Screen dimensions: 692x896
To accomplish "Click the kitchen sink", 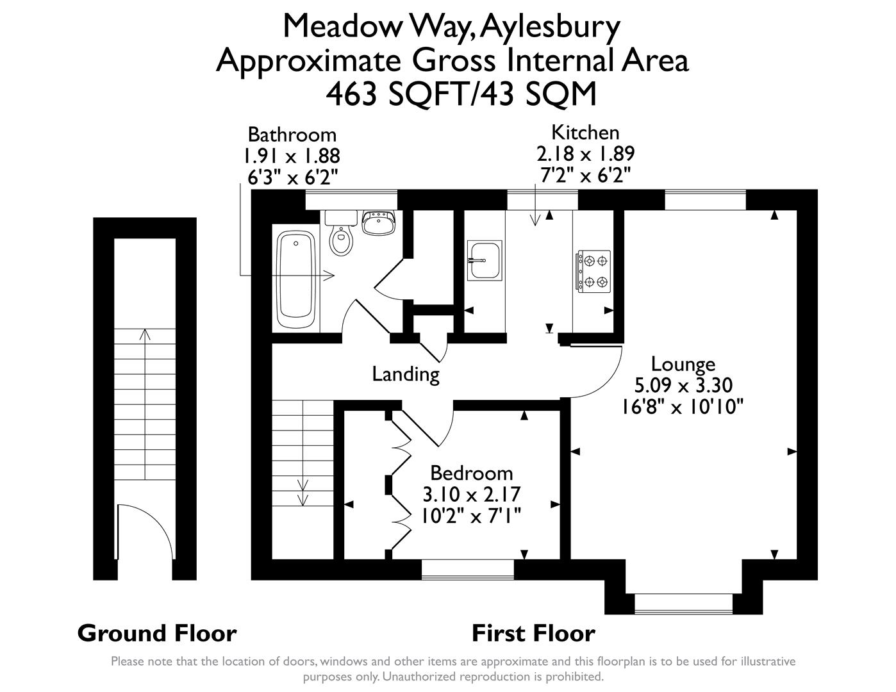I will (x=485, y=260).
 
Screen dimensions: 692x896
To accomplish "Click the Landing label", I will (x=406, y=374).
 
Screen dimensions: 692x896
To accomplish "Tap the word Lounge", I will (x=683, y=364).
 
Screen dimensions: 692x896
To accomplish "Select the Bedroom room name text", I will (x=471, y=473).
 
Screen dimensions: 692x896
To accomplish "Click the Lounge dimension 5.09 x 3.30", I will (x=683, y=385).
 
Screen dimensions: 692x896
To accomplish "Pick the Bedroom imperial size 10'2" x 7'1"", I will (x=471, y=516).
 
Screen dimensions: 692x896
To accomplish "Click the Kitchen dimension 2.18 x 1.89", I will (x=585, y=154).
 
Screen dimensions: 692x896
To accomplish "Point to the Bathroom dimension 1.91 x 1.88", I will (x=291, y=156).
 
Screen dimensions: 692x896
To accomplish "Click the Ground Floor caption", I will (x=157, y=633).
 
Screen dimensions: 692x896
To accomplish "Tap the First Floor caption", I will (x=533, y=633).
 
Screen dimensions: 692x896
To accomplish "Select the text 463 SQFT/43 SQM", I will (x=461, y=94).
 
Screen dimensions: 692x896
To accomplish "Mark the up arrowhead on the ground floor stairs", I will (x=145, y=334).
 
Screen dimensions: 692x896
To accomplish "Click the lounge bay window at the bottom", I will (x=683, y=603).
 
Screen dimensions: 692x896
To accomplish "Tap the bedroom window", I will (x=468, y=569).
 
